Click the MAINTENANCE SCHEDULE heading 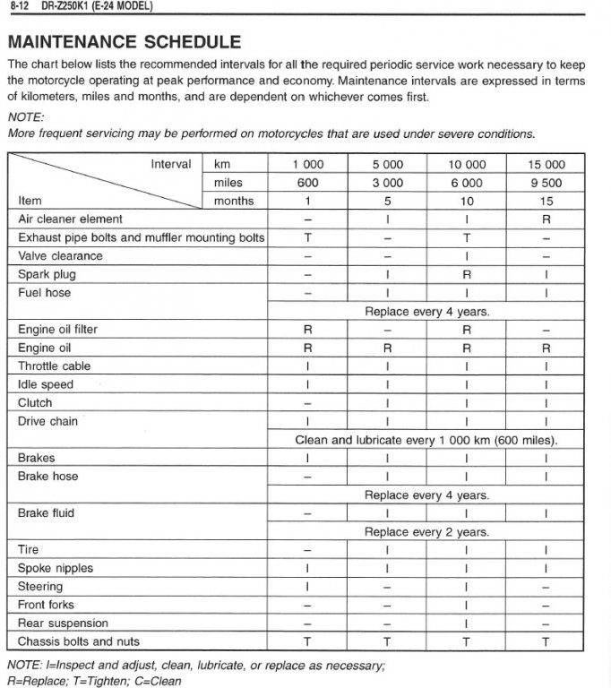(x=124, y=41)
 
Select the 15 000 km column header (x=546, y=164)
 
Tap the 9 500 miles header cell (x=546, y=183)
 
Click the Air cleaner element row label (x=70, y=219)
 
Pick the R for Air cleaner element (x=546, y=219)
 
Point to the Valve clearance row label (x=60, y=255)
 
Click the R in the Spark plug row (x=466, y=274)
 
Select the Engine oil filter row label (x=57, y=329)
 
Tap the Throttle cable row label (x=54, y=365)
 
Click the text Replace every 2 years (x=426, y=531)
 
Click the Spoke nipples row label (x=56, y=568)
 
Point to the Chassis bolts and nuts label (x=79, y=641)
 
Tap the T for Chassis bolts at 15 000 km (x=546, y=641)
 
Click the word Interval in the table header (x=171, y=164)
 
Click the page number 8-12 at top (x=22, y=6)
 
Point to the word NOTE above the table (x=25, y=116)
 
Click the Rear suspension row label (x=63, y=623)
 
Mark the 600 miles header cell (x=307, y=183)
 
